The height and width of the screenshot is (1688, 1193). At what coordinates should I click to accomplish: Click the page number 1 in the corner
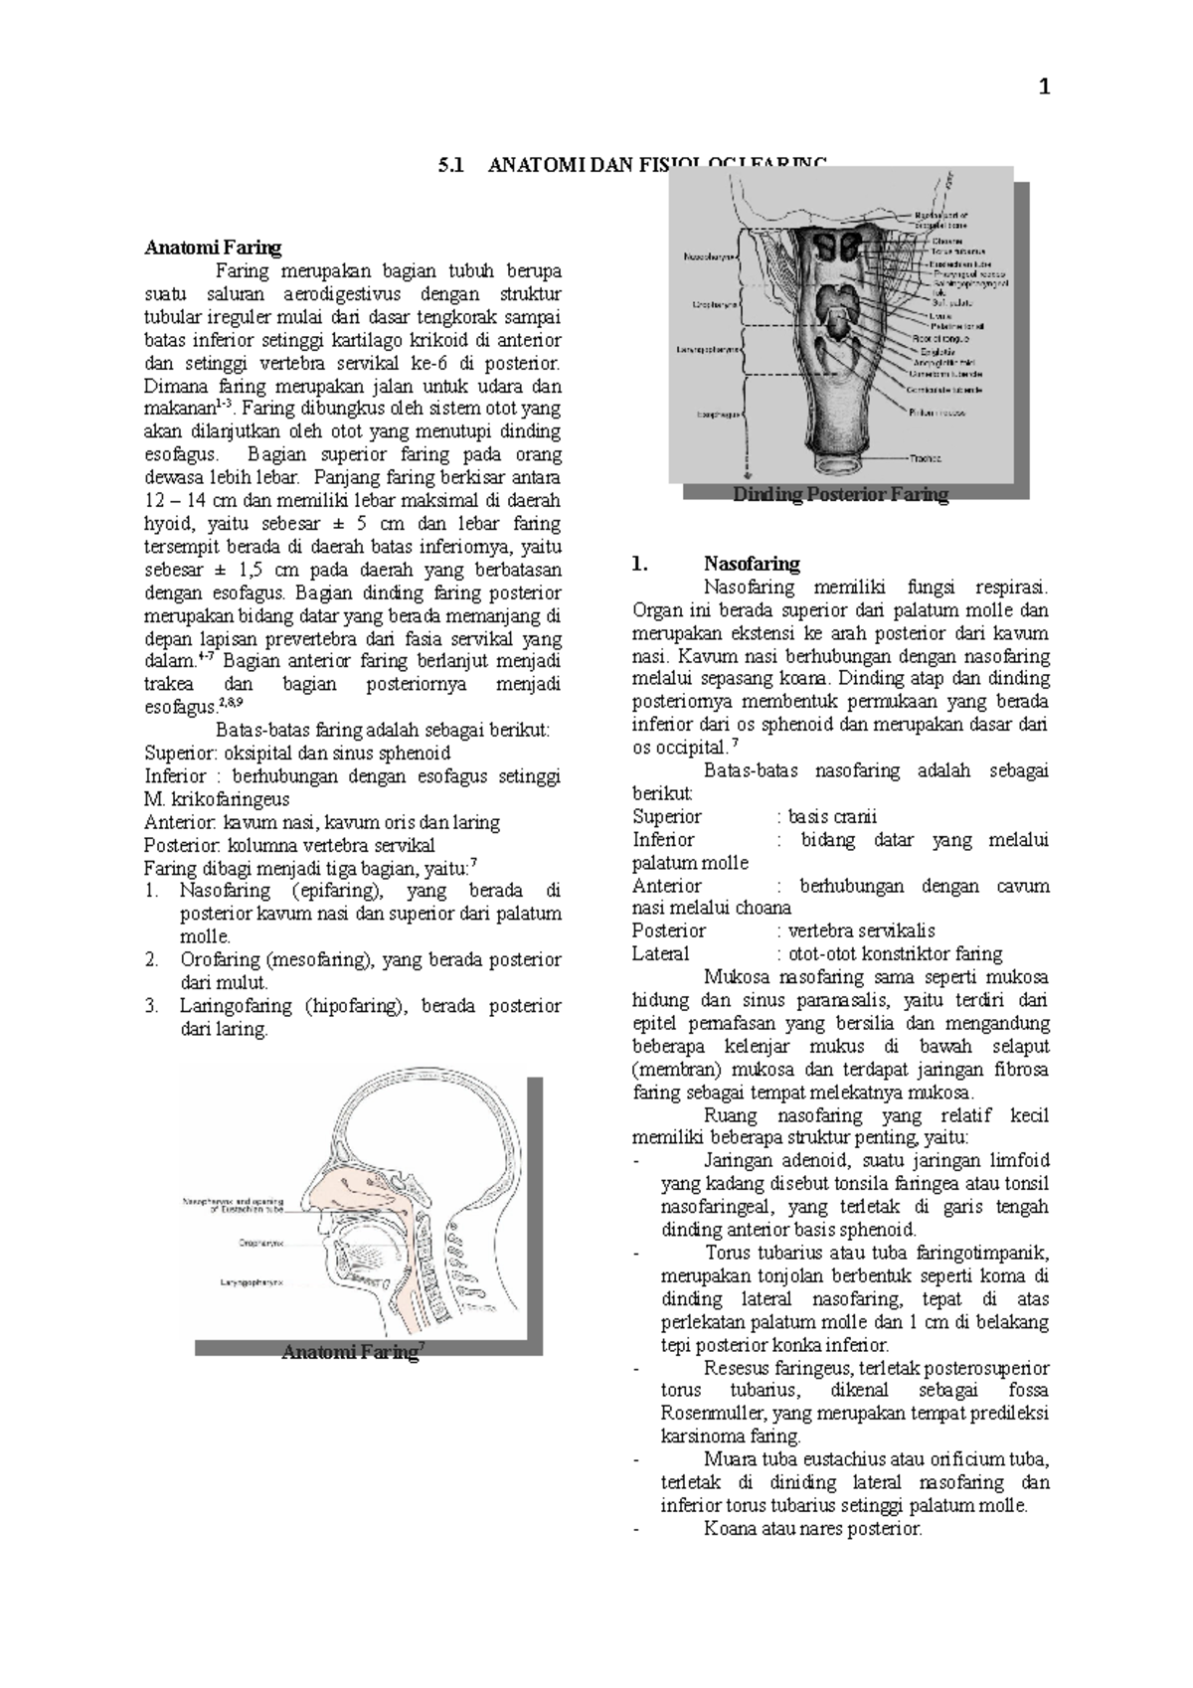point(1043,88)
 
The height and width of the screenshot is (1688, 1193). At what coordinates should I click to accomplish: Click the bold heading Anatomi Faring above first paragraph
point(213,248)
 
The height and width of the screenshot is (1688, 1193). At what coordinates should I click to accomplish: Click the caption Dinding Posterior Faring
point(840,495)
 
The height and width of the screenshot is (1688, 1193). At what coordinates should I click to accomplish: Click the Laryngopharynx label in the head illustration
point(252,1283)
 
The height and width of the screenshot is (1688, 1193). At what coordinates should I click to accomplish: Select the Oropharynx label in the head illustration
point(260,1243)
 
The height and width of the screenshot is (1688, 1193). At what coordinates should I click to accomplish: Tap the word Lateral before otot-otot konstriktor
point(660,954)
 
